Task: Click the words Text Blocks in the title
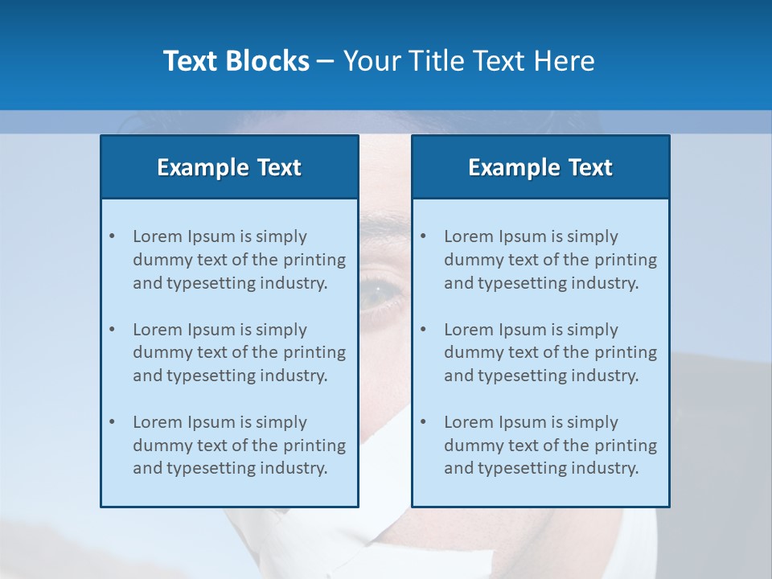236,61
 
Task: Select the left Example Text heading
229,167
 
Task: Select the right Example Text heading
540,167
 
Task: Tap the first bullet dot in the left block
112,236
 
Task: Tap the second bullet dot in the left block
112,330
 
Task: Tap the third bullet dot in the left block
112,422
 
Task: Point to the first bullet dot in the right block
423,236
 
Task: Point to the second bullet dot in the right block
423,330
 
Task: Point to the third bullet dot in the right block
423,422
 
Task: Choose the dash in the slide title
326,62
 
